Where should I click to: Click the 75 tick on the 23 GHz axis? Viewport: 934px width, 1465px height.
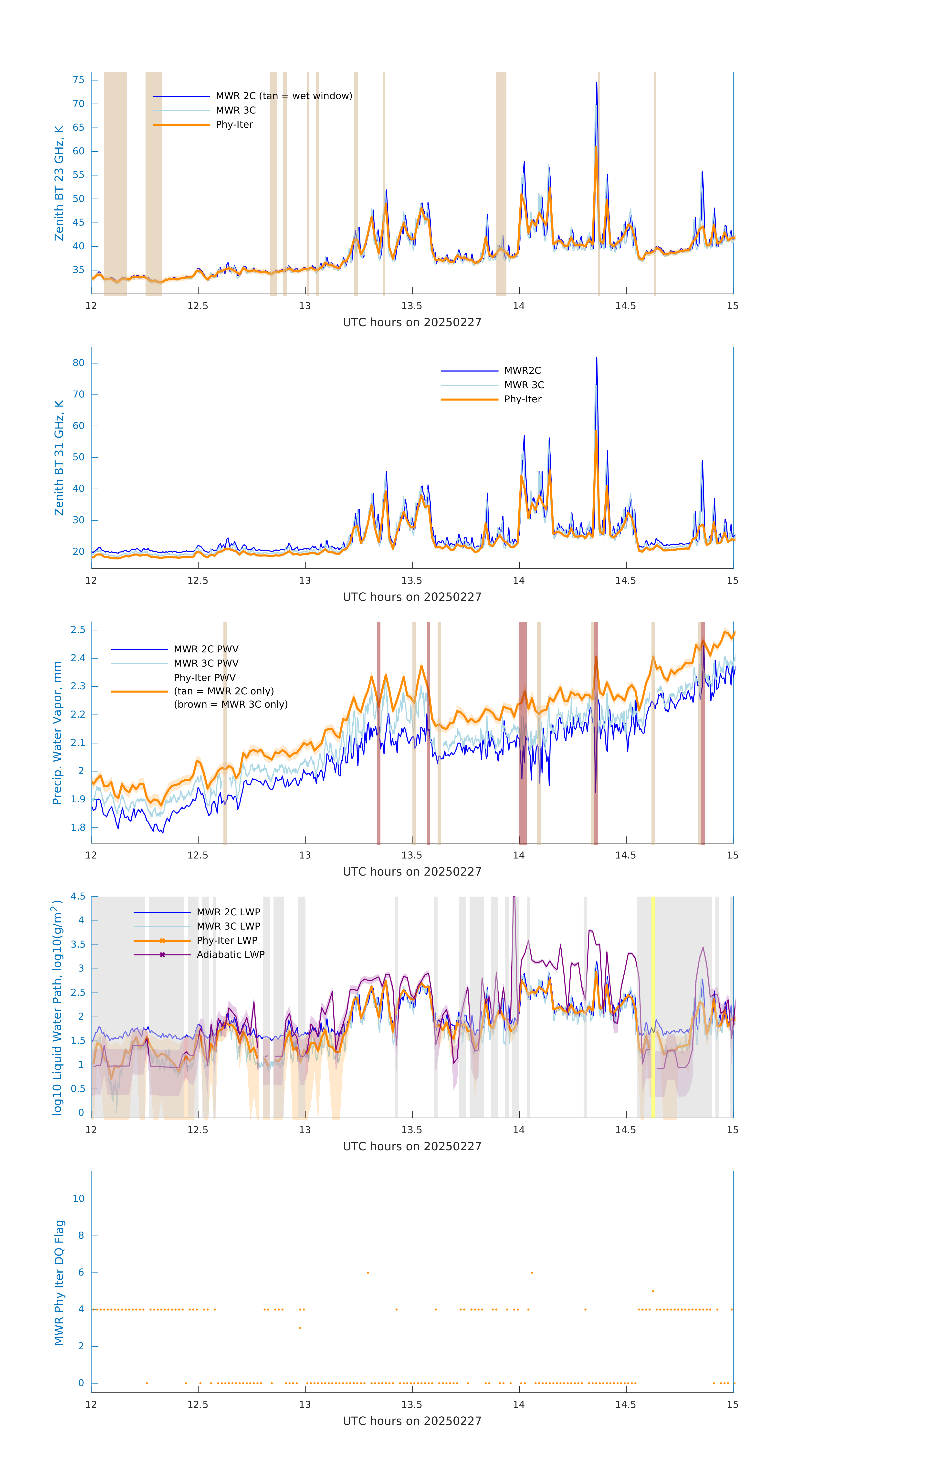[78, 80]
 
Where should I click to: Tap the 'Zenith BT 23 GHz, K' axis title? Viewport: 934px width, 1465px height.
[59, 183]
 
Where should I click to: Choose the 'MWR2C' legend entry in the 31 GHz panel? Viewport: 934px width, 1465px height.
[522, 370]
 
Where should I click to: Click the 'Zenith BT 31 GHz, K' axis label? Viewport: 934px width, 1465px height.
[59, 458]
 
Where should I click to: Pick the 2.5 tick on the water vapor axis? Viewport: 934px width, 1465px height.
[78, 630]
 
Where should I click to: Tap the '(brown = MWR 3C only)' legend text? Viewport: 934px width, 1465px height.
[231, 704]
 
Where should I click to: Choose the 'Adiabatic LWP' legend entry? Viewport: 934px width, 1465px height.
[231, 954]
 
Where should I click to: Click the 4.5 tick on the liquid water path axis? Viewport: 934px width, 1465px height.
[78, 896]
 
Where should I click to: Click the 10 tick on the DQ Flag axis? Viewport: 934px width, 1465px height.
[78, 1199]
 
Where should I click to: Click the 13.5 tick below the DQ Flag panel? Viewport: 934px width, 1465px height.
[412, 1405]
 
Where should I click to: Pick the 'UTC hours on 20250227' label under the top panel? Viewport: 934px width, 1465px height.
[412, 323]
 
